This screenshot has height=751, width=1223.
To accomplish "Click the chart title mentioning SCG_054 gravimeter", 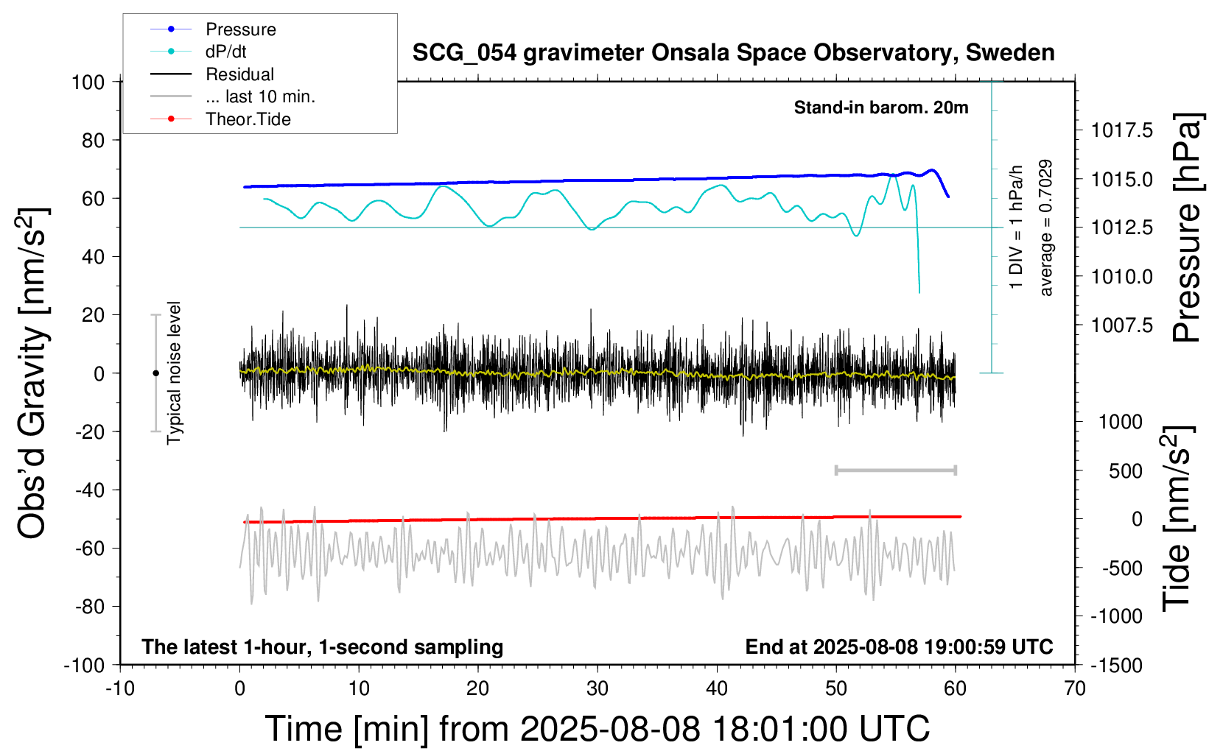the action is pos(733,53).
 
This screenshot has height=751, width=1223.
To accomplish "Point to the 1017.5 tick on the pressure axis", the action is pos(1122,130).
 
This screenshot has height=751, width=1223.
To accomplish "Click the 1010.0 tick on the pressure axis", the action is pos(1122,277).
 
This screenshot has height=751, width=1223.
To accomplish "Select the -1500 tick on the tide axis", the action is pos(1116,666).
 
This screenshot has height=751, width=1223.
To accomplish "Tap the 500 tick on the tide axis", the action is pos(1125,471).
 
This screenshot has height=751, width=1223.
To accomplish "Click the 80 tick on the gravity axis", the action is pos(93,141).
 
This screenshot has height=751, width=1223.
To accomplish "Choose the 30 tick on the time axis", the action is pos(598,688).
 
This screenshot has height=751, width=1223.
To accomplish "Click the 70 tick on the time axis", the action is pos(1074,688).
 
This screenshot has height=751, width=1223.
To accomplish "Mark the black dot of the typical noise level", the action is pos(155,373).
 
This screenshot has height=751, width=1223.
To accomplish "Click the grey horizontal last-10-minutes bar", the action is pos(895,470).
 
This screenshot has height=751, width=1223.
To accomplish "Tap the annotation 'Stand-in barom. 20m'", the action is pos(881,108).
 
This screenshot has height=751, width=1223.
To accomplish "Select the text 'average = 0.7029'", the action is pos(1045,228).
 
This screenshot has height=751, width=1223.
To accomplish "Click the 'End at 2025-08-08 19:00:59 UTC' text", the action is pos(900,647).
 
